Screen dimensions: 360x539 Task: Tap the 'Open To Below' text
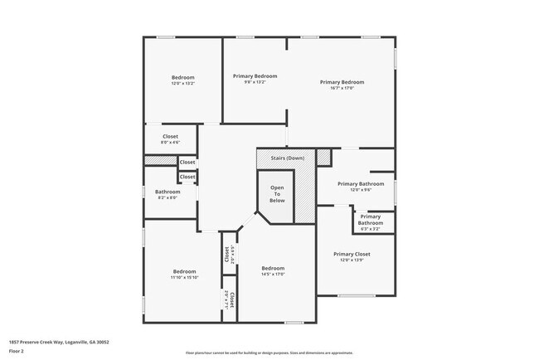coord(277,194)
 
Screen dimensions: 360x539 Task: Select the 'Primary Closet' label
coord(352,254)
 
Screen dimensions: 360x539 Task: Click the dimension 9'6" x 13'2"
coord(255,82)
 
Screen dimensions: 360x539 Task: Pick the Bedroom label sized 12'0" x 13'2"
coord(182,77)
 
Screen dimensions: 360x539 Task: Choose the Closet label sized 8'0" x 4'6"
coord(170,136)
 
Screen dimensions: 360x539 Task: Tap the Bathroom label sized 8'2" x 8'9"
coord(168,192)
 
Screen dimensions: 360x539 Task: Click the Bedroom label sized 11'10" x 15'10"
coord(184,271)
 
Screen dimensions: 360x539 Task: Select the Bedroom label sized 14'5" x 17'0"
coord(273,268)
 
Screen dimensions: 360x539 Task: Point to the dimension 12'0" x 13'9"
coord(352,260)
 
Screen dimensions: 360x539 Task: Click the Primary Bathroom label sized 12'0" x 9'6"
coord(360,183)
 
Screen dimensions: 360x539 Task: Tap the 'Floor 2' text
coord(17,351)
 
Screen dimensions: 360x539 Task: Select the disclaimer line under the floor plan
coord(269,353)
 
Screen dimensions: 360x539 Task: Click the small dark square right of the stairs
coord(323,157)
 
